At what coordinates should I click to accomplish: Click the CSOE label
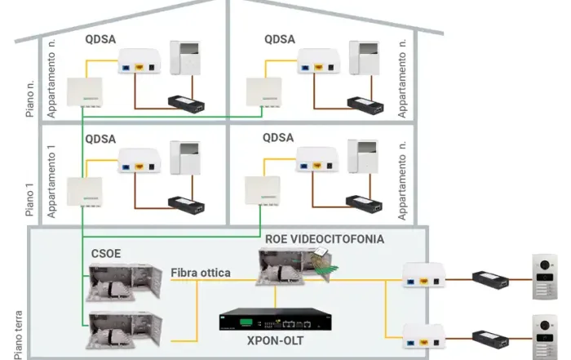[106, 253]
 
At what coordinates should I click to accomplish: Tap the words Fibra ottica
[201, 272]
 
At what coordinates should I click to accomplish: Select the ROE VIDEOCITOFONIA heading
[324, 240]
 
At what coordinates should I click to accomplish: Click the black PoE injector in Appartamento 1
[186, 202]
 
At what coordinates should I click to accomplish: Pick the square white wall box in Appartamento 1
[84, 193]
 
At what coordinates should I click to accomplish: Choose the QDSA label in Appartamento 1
[100, 140]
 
